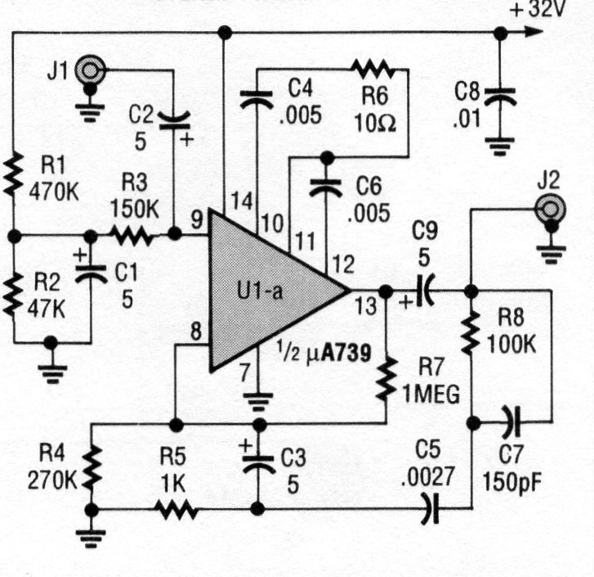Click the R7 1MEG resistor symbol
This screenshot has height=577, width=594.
(x=386, y=381)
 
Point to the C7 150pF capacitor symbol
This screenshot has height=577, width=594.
(x=511, y=423)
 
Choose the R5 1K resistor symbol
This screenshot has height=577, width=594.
(x=176, y=510)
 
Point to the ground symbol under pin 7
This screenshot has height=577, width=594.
(x=259, y=402)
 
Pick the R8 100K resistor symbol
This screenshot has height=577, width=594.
(x=471, y=331)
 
